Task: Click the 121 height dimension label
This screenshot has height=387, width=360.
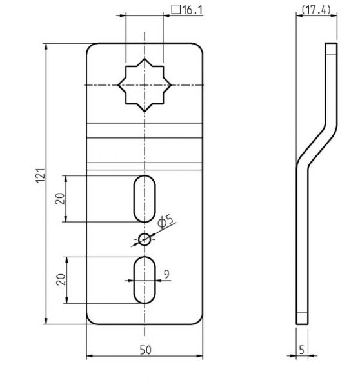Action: (41, 175)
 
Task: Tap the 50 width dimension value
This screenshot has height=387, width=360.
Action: (145, 350)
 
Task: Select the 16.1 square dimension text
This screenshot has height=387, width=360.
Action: (193, 10)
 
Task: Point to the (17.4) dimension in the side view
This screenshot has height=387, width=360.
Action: (316, 10)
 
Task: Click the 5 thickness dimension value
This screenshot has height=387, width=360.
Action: (302, 350)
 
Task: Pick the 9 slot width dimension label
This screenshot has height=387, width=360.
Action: (166, 274)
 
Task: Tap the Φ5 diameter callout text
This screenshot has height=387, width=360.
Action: (166, 222)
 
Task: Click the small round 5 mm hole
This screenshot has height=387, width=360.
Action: (145, 239)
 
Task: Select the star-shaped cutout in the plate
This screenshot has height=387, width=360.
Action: (145, 85)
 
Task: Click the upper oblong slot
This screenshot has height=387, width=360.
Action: (145, 199)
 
